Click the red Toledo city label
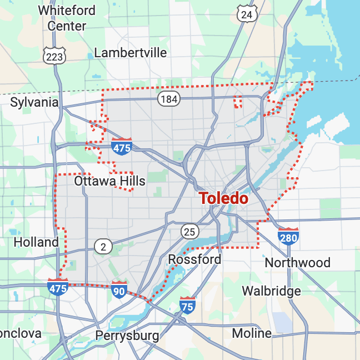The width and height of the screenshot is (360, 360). click(x=223, y=198)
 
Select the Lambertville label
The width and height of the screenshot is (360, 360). click(x=131, y=53)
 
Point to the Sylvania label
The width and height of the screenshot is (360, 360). click(x=34, y=102)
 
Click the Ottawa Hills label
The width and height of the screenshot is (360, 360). click(x=109, y=181)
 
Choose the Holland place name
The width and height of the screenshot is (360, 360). click(x=36, y=242)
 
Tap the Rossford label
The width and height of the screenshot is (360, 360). click(x=194, y=259)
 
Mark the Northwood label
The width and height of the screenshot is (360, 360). click(x=297, y=262)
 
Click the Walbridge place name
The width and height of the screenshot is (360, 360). click(x=271, y=291)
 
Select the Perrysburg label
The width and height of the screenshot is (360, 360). click(x=127, y=336)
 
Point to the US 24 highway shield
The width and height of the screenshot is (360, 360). click(x=247, y=14)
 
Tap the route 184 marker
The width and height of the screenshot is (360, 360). click(x=168, y=99)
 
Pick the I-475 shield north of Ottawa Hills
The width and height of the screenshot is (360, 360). click(x=122, y=146)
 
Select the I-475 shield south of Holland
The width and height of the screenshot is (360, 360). click(x=58, y=287)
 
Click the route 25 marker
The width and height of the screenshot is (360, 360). click(x=189, y=231)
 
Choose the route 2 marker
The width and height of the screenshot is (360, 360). click(x=103, y=246)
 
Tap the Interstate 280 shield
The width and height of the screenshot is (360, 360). click(x=288, y=236)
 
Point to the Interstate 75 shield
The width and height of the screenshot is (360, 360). click(x=187, y=305)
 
